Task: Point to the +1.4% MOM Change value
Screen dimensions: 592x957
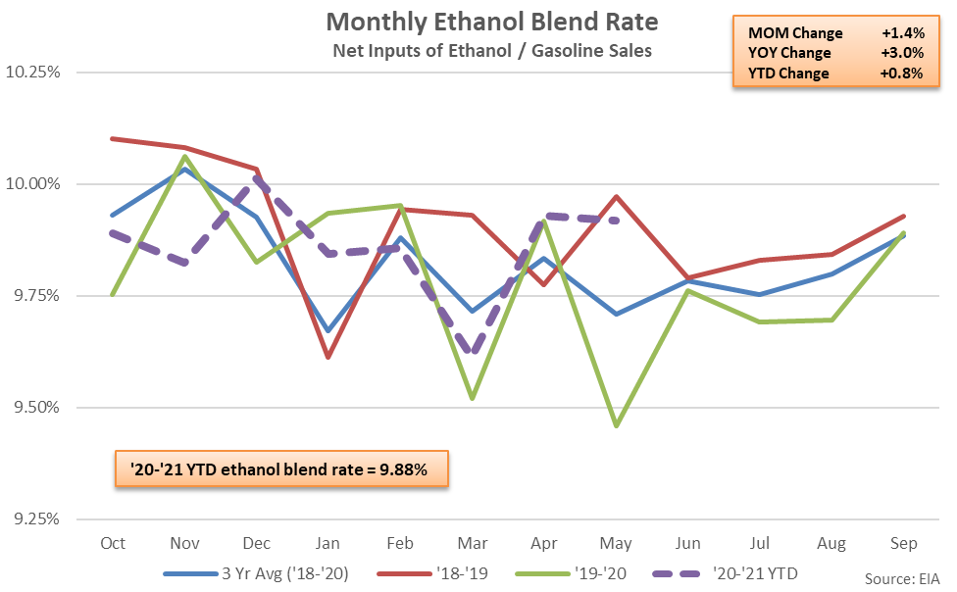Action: [x=902, y=34]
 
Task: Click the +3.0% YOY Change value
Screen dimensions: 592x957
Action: [x=902, y=54]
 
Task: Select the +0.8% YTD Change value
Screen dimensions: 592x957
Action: [x=902, y=74]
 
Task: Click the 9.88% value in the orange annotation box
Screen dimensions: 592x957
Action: [x=406, y=469]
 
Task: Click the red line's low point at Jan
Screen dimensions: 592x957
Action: [x=327, y=357]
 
